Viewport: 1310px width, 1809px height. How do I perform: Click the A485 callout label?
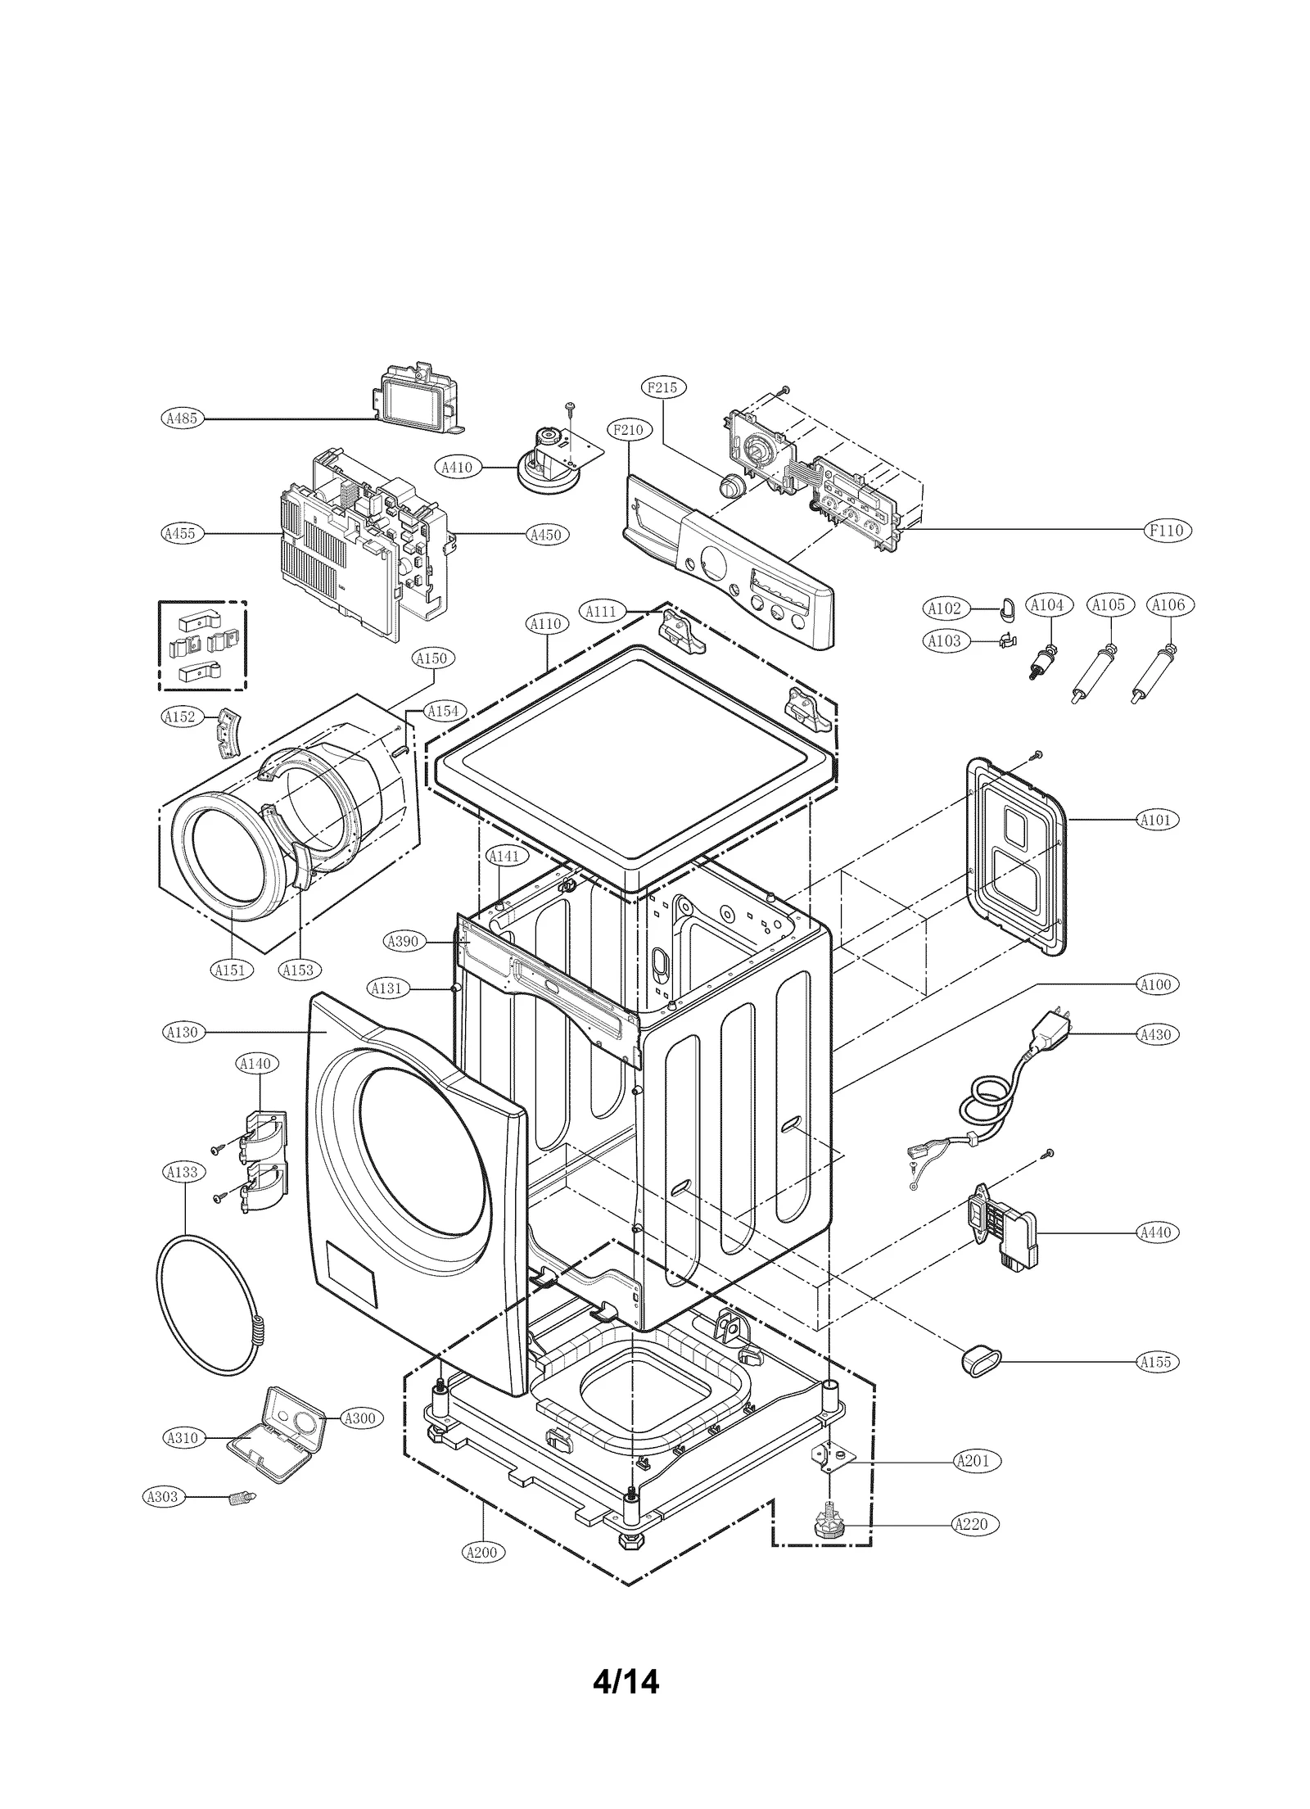[181, 418]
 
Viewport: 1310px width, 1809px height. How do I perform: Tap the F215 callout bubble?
[662, 387]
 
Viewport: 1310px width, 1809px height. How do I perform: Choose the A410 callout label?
[457, 468]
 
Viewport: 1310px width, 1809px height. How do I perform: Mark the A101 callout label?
[1156, 819]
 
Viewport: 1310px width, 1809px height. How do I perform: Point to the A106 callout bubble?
[1168, 605]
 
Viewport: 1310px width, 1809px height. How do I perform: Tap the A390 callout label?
[402, 941]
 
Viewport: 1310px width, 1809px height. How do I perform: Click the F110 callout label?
[1166, 531]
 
